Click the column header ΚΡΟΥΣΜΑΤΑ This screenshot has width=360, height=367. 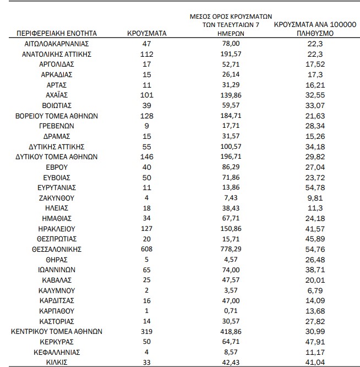point(147,33)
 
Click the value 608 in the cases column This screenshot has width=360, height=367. point(147,249)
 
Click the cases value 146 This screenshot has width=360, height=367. point(147,156)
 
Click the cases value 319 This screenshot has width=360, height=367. point(147,332)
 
